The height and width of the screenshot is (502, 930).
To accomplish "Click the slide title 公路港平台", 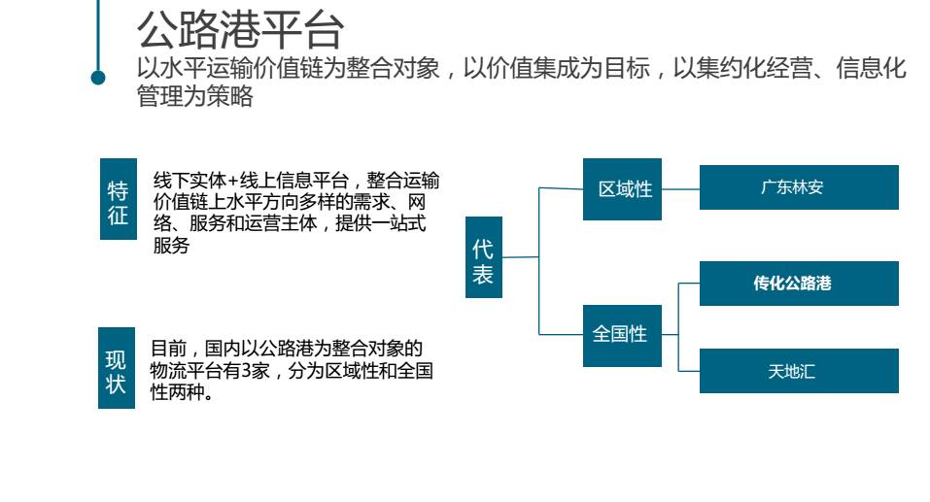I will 240,29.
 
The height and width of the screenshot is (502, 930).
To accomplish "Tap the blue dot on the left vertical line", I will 98,78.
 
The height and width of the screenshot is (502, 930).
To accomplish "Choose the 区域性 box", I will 623,189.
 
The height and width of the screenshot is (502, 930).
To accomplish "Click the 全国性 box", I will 622,335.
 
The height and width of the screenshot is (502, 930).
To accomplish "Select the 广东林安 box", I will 799,187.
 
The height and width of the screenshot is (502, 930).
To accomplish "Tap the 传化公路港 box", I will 799,284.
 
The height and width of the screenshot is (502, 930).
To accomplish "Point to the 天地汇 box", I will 799,371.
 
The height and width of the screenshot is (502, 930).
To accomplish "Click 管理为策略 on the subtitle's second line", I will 195,96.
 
